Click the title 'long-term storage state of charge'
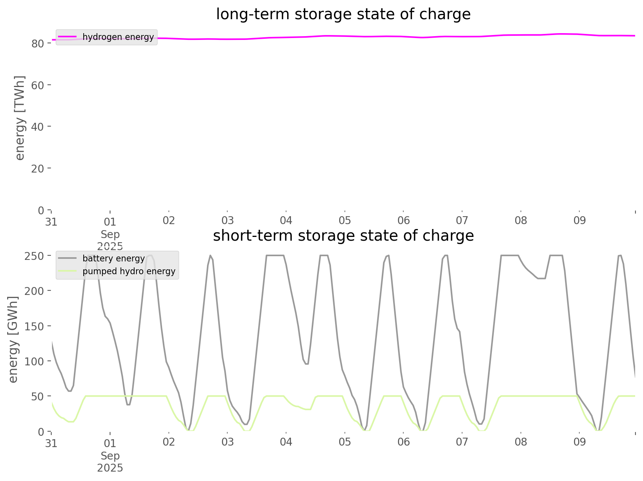[x=343, y=14]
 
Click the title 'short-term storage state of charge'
[x=343, y=236]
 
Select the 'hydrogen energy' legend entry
[x=118, y=37]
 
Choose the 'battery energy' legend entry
[x=113, y=258]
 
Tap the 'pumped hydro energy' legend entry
[x=129, y=271]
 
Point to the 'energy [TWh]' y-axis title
[x=20, y=118]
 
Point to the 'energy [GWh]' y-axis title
[x=13, y=339]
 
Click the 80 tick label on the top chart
[x=38, y=44]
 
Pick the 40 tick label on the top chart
[x=38, y=127]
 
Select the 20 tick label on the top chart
[x=38, y=168]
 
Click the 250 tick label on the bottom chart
[x=35, y=256]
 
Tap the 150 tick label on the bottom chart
[x=35, y=326]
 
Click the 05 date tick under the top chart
[x=345, y=221]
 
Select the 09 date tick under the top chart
[x=580, y=221]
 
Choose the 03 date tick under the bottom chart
[x=228, y=442]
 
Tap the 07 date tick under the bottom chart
[x=462, y=442]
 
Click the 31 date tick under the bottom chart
[x=51, y=443]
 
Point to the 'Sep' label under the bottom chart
[x=110, y=456]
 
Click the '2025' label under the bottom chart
[x=110, y=468]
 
